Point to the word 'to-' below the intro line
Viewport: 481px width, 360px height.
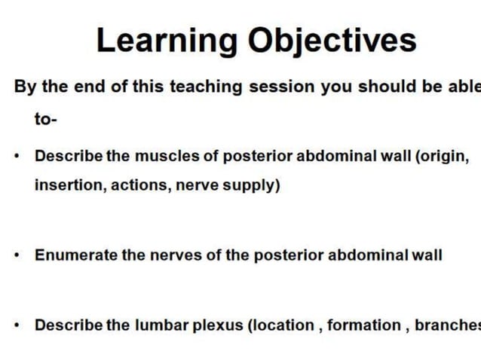coord(46,119)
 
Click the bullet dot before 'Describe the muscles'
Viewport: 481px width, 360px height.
coord(17,157)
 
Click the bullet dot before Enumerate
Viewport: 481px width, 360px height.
coord(17,256)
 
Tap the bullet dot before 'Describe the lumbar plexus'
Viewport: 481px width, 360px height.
coord(17,326)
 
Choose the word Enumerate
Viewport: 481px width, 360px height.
coord(76,255)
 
